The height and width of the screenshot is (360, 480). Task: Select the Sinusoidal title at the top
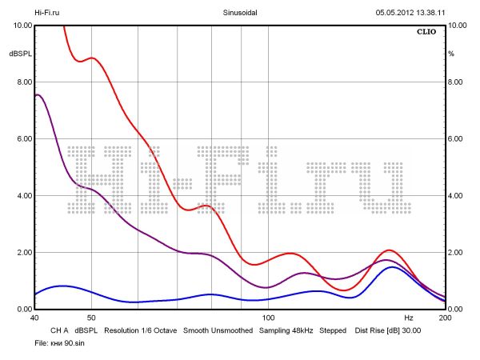pyautogui.click(x=240, y=13)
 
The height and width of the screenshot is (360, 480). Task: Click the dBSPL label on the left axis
pyautogui.click(x=19, y=54)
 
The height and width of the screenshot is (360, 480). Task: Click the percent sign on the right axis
pyautogui.click(x=451, y=54)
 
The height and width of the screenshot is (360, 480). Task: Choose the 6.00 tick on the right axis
pyautogui.click(x=456, y=139)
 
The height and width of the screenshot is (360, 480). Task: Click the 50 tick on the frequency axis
pyautogui.click(x=91, y=318)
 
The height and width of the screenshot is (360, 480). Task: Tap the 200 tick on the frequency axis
pyautogui.click(x=445, y=318)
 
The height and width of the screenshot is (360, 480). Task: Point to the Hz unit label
pyautogui.click(x=409, y=318)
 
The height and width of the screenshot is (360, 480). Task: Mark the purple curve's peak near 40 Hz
pyautogui.click(x=38, y=94)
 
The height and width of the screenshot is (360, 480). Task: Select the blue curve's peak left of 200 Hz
pyautogui.click(x=392, y=267)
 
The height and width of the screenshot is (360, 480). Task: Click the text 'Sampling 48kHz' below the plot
pyautogui.click(x=286, y=330)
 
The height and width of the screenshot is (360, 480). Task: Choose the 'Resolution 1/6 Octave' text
pyautogui.click(x=140, y=330)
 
